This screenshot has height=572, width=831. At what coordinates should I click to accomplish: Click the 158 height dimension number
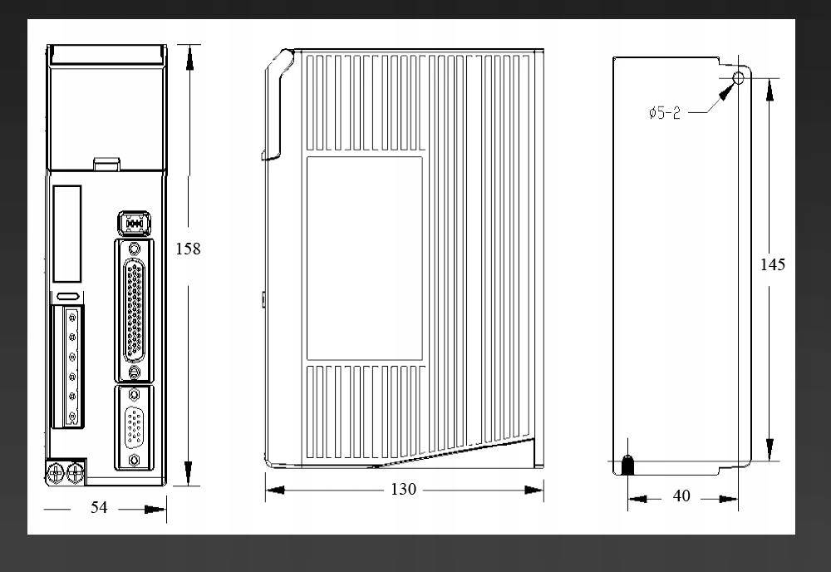coord(188,249)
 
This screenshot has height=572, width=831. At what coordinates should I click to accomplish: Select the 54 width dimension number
coord(99,507)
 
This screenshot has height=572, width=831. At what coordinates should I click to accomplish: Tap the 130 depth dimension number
coord(403,490)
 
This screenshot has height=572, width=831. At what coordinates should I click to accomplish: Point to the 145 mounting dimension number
coord(773,264)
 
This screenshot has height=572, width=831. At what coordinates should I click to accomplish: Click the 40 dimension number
coord(681,496)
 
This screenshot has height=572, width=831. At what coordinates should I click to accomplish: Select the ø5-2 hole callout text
coord(665,113)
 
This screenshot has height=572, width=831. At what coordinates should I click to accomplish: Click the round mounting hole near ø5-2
coord(738,79)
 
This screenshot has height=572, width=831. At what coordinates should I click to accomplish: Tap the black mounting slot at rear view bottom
coord(627,465)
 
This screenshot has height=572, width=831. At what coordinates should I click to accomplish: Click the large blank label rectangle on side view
coord(365,259)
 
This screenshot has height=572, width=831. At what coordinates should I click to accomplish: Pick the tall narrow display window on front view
coord(67,234)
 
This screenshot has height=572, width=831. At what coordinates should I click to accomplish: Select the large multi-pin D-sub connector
coord(135,311)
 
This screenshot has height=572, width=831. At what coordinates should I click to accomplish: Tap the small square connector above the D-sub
coord(134,224)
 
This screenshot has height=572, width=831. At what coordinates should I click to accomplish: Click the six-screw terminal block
coord(68,367)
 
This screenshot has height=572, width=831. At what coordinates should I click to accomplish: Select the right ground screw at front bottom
coord(76,473)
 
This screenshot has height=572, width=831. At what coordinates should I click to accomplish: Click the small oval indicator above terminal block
coord(68,296)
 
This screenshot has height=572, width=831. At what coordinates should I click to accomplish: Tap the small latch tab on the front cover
coord(107,165)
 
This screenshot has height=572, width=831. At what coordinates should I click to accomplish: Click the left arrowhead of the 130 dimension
coord(275,490)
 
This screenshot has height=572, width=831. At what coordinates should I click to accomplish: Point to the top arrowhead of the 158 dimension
coord(189,57)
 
